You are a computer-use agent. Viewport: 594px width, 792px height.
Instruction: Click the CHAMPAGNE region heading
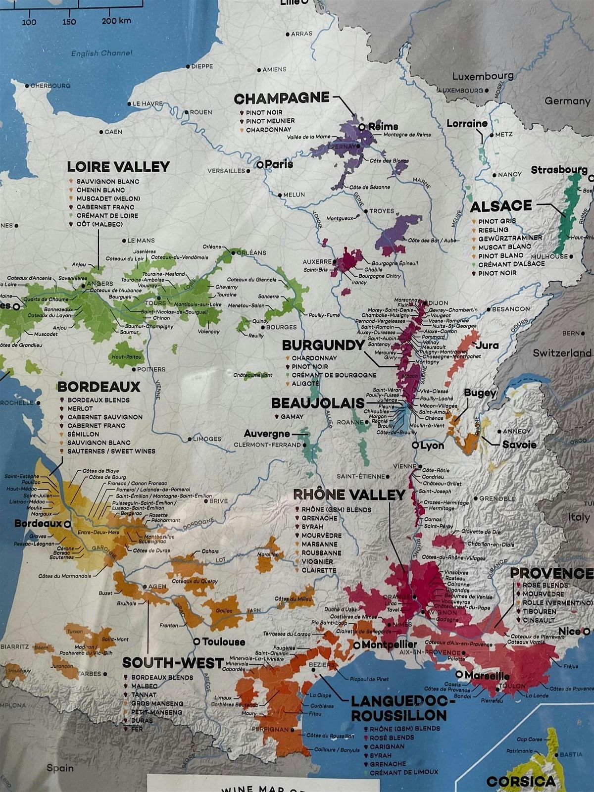click(x=281, y=98)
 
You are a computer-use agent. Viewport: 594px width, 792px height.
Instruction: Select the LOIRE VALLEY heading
click(x=118, y=167)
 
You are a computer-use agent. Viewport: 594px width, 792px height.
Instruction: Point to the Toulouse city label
click(x=224, y=642)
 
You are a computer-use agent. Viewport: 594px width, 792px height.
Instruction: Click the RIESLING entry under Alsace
click(x=493, y=230)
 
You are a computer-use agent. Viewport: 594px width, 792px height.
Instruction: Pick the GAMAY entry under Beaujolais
click(x=292, y=417)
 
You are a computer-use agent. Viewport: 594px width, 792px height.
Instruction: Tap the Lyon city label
click(x=432, y=445)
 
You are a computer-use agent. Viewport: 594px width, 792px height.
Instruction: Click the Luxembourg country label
click(x=483, y=76)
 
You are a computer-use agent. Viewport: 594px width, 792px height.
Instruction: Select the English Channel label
click(x=101, y=53)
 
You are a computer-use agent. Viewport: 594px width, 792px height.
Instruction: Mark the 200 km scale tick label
click(x=116, y=21)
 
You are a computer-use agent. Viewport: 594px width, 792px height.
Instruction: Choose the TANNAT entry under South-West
click(x=144, y=695)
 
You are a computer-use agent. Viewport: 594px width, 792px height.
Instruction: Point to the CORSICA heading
click(x=521, y=781)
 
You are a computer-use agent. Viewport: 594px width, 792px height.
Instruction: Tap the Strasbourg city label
click(x=559, y=170)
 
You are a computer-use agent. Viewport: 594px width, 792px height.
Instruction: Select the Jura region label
click(x=488, y=345)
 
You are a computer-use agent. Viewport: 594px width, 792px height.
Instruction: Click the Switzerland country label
click(x=562, y=353)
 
